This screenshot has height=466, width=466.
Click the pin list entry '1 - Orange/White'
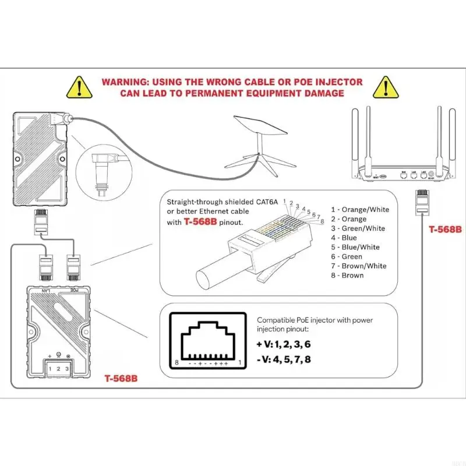(360, 210)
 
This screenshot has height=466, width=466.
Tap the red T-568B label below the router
(445, 230)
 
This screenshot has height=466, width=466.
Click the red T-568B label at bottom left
(121, 377)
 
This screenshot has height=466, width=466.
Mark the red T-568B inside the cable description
(204, 221)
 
